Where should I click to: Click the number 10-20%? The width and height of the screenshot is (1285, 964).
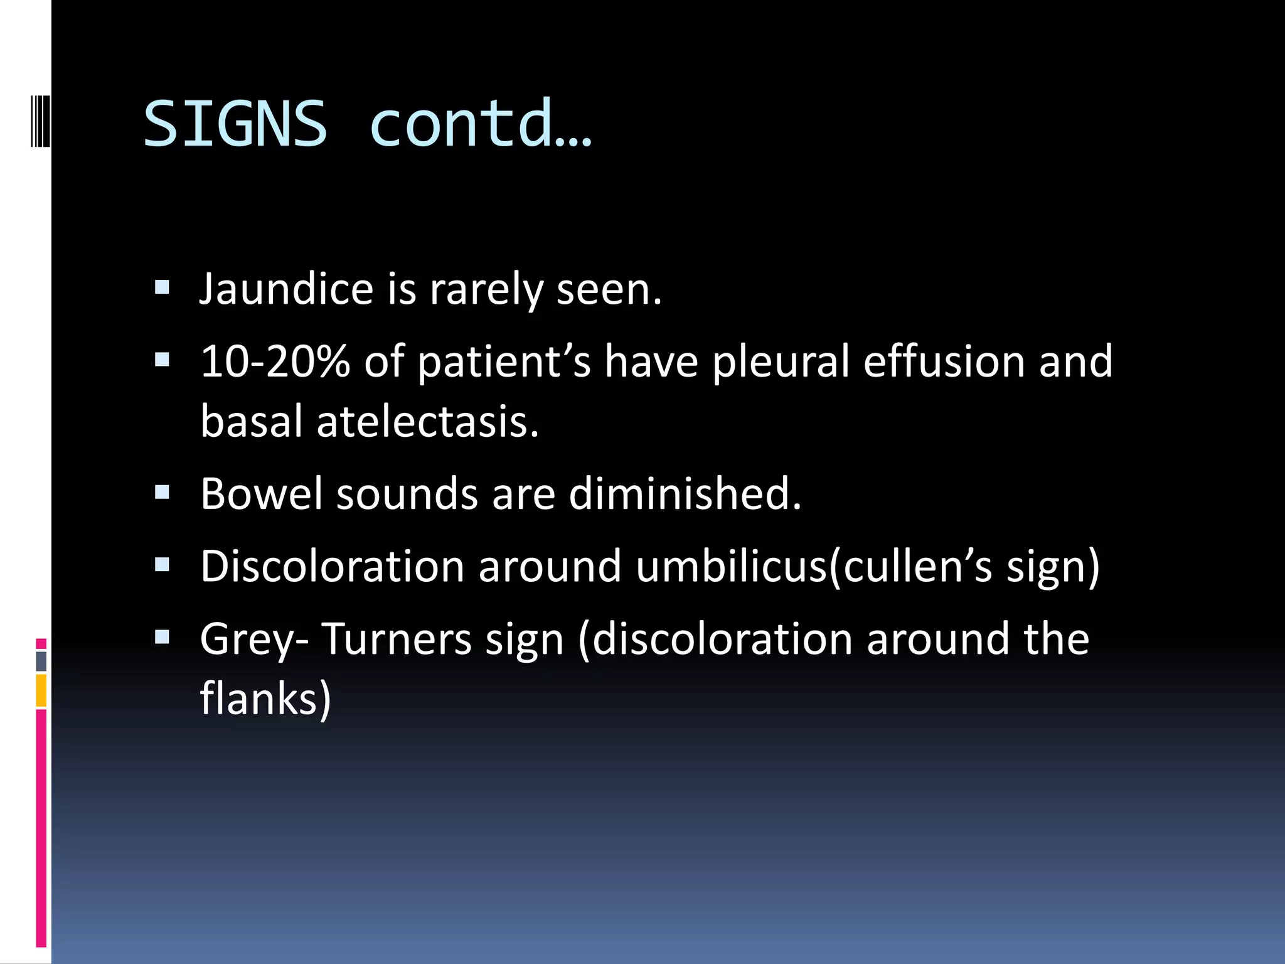tap(275, 361)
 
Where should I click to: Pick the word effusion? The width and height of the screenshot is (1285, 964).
tap(944, 361)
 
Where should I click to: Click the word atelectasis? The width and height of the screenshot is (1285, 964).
tap(427, 421)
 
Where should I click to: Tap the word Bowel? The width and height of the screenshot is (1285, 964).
tap(262, 494)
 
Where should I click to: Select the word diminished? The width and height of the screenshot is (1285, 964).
tap(685, 494)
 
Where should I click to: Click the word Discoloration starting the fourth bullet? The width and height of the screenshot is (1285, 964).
tap(332, 566)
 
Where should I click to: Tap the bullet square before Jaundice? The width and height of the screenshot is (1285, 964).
tap(162, 287)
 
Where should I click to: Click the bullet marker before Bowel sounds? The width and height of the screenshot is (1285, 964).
tap(162, 493)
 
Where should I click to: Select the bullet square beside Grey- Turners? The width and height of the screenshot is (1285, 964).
tap(162, 638)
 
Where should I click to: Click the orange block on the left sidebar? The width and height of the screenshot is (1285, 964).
tap(41, 690)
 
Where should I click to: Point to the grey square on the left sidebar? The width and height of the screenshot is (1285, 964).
tap(41, 661)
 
